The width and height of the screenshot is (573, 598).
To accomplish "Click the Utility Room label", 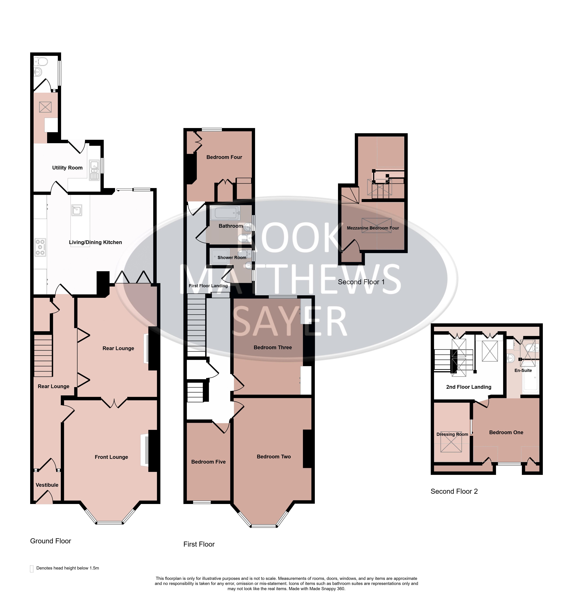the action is click(67, 168).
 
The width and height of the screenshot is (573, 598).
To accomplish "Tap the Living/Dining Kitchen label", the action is click(95, 242).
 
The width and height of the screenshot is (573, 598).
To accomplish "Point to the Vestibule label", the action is click(47, 485).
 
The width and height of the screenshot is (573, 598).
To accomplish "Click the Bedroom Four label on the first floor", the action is click(224, 157).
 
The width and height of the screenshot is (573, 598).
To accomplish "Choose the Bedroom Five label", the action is click(208, 462).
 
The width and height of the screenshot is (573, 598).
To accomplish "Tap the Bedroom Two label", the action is click(273, 456).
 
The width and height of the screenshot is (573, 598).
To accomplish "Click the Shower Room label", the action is click(232, 258).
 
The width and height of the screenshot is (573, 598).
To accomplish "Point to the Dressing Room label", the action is click(452, 434).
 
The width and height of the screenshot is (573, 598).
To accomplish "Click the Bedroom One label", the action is click(506, 432).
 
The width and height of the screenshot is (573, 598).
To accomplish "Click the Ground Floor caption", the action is click(51, 541).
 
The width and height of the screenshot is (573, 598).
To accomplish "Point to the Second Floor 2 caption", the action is click(454, 491).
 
